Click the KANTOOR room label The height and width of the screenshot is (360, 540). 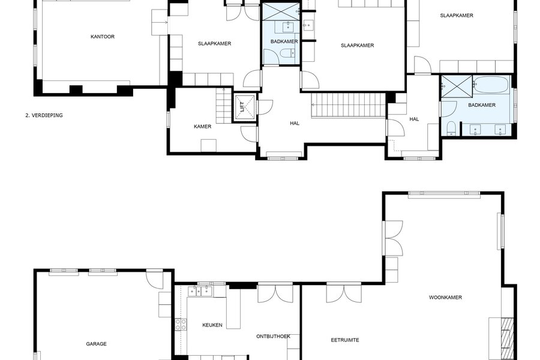click(x=102, y=37)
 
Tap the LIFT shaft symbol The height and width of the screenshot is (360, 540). click(x=245, y=107)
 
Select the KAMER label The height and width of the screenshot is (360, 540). click(x=203, y=127)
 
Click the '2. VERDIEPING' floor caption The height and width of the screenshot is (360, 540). click(x=44, y=115)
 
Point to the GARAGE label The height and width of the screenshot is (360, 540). click(x=96, y=344)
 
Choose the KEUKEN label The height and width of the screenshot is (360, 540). click(x=212, y=325)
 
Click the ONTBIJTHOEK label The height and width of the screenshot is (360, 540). click(x=273, y=336)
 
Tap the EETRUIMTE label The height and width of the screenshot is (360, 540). click(x=345, y=340)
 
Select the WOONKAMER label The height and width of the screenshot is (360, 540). click(x=445, y=298)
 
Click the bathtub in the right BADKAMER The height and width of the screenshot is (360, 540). click(x=491, y=85)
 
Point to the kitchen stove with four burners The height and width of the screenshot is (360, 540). click(x=181, y=324)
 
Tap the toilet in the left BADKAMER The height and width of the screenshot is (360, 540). click(x=287, y=53)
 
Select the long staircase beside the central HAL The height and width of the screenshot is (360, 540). click(x=348, y=106)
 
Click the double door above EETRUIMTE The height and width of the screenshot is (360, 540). click(x=344, y=293)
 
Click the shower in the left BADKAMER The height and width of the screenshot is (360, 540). click(x=281, y=12)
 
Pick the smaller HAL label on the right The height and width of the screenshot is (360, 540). click(x=414, y=119)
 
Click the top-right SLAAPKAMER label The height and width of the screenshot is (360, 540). click(x=457, y=16)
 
